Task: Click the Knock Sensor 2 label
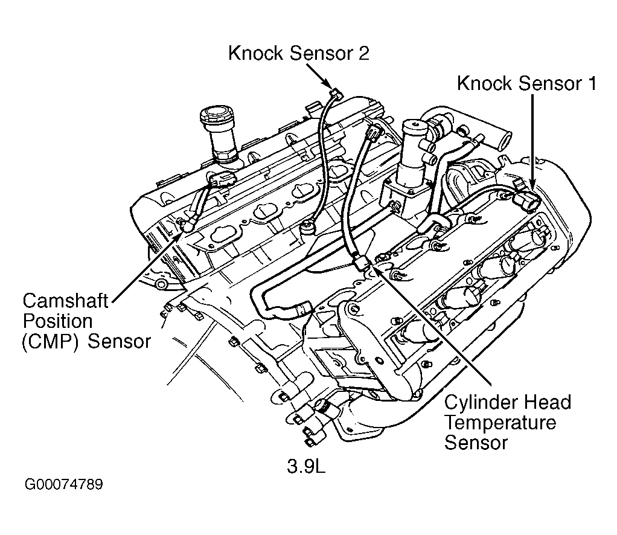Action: click(298, 53)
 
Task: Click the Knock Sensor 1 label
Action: click(526, 83)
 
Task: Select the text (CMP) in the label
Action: click(51, 341)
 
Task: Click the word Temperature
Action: click(500, 422)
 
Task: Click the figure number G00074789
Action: click(64, 485)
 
